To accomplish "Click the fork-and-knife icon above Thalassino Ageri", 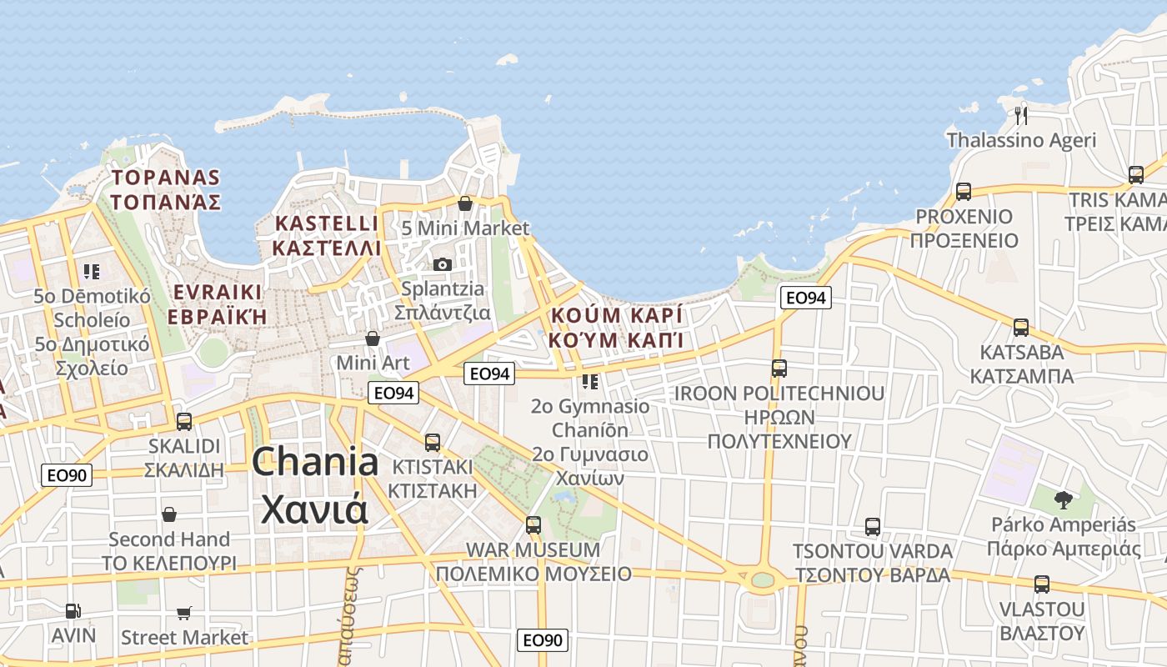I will (1021, 114).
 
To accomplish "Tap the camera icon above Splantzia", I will (442, 264).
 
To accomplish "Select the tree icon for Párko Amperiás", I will (1063, 499).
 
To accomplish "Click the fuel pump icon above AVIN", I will (73, 611).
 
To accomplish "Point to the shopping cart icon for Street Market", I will (184, 614).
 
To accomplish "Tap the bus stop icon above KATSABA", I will (1021, 328).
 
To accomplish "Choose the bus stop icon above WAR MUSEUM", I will (533, 525).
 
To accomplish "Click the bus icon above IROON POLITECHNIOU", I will (779, 369).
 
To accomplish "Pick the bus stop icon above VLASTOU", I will (1042, 584).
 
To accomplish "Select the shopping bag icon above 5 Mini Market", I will (465, 203).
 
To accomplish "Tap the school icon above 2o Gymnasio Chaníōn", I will (590, 382).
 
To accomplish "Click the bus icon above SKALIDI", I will (184, 422).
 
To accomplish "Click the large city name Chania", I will (315, 462).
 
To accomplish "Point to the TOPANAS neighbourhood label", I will (165, 178).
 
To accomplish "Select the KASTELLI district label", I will (326, 223).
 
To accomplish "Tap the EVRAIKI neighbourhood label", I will (217, 293).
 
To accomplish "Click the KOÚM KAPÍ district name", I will (617, 315).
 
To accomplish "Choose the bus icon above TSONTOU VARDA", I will (873, 527).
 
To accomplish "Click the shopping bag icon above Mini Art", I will (373, 339).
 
